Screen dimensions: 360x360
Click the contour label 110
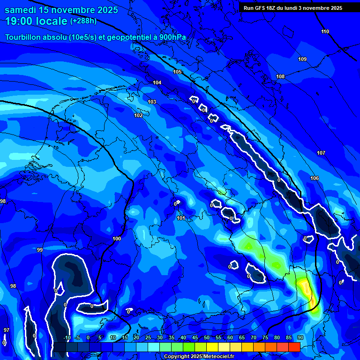point(325,31)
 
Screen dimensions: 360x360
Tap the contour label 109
point(302,59)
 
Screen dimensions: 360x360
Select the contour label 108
point(280,76)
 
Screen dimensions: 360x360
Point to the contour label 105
point(177,72)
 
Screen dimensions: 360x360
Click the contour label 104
point(157,82)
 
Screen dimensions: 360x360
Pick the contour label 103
point(152,102)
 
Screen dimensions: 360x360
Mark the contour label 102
point(138,115)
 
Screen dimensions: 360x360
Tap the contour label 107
point(321,153)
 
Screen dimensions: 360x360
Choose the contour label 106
point(315,178)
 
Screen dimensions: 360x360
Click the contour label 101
point(181,218)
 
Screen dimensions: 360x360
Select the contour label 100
point(117,239)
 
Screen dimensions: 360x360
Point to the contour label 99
point(40,250)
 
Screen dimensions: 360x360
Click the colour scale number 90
point(300,338)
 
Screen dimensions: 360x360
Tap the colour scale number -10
point(67,338)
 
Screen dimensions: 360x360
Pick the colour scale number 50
point(207,338)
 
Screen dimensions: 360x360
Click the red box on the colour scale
point(294,347)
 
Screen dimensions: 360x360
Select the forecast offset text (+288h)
point(83,21)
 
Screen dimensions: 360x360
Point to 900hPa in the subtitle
point(172,37)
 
